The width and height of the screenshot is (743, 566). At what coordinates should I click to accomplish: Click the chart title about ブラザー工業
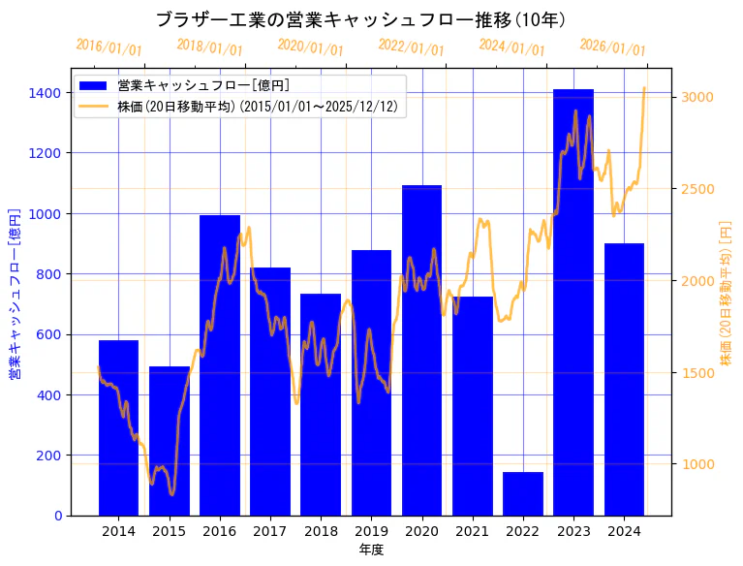click(360, 19)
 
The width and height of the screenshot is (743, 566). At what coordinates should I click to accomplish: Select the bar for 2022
click(522, 493)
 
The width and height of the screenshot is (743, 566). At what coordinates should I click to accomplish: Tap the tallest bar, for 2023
click(573, 301)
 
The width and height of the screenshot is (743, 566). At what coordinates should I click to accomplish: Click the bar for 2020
click(421, 350)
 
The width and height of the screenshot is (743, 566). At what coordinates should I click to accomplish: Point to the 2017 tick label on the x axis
click(269, 531)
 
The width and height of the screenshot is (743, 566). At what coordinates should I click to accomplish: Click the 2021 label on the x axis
click(472, 531)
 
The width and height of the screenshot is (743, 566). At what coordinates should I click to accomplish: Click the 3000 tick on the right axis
click(698, 97)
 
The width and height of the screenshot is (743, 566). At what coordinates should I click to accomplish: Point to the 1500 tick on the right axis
click(698, 372)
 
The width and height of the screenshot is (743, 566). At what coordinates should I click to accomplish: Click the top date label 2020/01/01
click(310, 47)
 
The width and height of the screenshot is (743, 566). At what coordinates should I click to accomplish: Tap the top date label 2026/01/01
click(612, 47)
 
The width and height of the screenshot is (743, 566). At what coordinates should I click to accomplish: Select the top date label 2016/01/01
click(108, 47)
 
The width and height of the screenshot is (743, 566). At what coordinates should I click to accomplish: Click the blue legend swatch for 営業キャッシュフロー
click(95, 85)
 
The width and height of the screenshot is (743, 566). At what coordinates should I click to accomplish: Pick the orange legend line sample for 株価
click(95, 106)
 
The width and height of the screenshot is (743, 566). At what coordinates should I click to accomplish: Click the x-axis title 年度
click(371, 550)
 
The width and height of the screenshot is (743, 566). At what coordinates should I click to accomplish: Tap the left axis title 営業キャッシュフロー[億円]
click(15, 293)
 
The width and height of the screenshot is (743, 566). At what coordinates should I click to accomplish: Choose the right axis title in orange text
click(726, 293)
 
